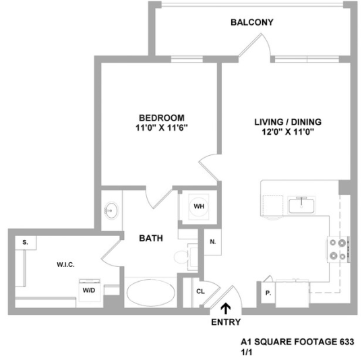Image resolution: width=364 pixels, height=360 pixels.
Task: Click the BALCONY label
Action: click(251, 22)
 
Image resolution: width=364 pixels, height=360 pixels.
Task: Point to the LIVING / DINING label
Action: click(288, 122)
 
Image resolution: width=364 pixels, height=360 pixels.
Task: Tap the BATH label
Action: click(150, 238)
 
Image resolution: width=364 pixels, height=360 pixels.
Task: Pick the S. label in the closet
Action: click(25, 241)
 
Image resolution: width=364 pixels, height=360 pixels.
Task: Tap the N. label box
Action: click(212, 241)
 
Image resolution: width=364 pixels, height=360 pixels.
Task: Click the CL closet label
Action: click(200, 291)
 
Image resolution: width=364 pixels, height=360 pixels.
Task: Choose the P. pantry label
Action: click(268, 293)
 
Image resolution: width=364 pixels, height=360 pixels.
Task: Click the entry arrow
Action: click(224, 308)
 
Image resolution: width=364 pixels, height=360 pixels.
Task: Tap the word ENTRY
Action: click(225, 322)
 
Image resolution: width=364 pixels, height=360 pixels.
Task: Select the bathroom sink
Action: click(111, 211)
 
